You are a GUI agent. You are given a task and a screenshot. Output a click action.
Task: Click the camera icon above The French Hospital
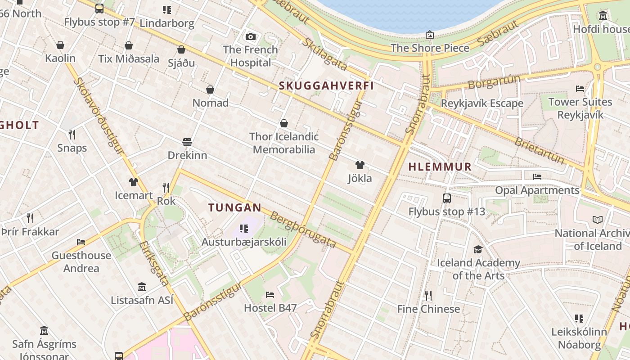click(251, 36)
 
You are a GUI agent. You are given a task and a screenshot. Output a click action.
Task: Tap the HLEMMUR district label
click(440, 166)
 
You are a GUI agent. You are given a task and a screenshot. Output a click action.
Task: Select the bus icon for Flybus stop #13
click(447, 198)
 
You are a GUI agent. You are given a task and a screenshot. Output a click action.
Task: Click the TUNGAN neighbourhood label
click(234, 207)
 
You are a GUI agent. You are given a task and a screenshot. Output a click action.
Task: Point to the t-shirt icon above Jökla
click(360, 165)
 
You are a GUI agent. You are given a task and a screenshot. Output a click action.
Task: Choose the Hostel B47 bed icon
click(270, 295)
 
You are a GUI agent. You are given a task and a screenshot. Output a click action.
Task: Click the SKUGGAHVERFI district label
click(326, 85)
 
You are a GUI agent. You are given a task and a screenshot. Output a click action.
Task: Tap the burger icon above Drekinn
click(187, 142)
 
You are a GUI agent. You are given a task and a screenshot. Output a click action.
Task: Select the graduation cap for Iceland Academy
click(478, 249)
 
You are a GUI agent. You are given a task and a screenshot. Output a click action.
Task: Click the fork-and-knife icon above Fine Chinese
click(428, 296)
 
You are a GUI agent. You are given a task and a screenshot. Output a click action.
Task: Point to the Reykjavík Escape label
click(482, 103)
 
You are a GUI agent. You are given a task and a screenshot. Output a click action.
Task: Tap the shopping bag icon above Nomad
click(210, 90)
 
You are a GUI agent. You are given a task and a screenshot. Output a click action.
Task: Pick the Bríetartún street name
click(539, 150)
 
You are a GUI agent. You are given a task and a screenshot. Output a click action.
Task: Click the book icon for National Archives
click(598, 220)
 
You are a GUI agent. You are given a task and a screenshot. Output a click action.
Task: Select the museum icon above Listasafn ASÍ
click(142, 287)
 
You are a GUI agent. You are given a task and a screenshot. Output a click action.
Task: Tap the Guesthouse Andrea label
click(81, 262)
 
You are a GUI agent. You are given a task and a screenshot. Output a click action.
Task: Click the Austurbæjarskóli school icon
click(243, 229)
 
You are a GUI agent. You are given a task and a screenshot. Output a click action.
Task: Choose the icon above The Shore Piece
click(430, 35)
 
